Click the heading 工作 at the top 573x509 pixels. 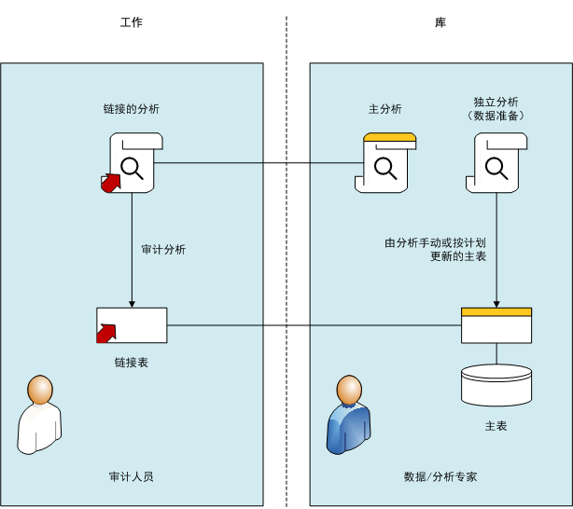132,22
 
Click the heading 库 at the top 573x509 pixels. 440,22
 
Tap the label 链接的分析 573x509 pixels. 131,109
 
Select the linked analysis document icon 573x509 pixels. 133,162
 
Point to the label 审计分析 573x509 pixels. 163,250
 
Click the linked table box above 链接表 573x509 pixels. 132,325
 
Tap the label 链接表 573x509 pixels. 132,363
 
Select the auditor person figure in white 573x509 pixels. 39,415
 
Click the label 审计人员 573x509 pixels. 132,476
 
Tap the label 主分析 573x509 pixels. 385,109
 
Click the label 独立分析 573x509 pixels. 496,102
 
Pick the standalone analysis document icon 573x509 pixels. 496,162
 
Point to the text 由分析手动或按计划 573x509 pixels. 436,243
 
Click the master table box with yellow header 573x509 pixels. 496,325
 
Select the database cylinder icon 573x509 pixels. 496,384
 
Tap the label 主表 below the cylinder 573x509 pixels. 496,426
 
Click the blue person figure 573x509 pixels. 347,415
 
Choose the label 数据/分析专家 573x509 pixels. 440,476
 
